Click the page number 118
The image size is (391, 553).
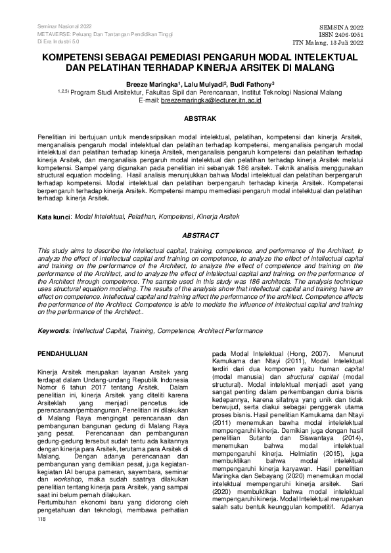(43, 537)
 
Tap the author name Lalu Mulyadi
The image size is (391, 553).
(223, 84)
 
